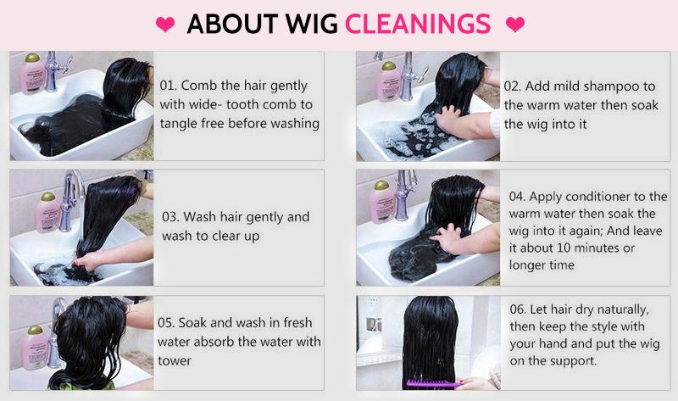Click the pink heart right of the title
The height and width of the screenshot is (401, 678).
[x=514, y=25]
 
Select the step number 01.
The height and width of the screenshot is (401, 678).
[x=169, y=86]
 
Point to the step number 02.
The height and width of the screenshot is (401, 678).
[x=513, y=86]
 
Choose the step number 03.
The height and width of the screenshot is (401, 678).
[x=169, y=216]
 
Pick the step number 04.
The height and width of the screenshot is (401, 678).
[x=518, y=196]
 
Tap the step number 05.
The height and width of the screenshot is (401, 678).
[x=167, y=322]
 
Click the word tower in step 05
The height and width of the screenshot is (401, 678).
[x=175, y=360]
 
